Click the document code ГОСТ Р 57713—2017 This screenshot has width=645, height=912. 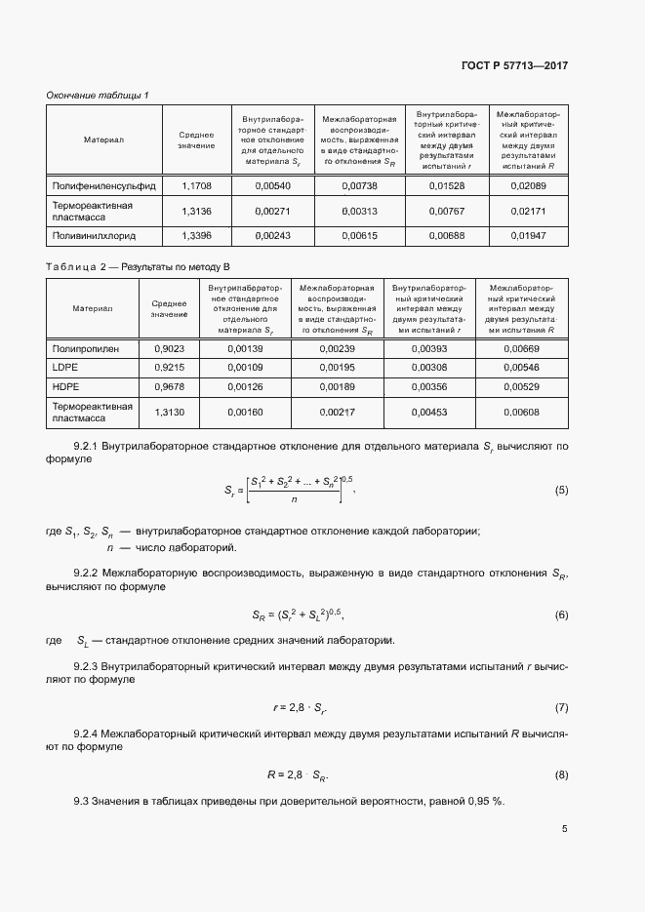click(x=514, y=65)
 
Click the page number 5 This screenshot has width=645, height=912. click(x=564, y=829)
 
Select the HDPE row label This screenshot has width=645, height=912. click(x=64, y=386)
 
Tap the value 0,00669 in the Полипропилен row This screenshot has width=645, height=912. click(x=521, y=348)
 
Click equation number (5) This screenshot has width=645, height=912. click(x=561, y=490)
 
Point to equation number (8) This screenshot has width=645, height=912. click(x=561, y=774)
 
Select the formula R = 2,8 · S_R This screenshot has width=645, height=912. click(x=298, y=774)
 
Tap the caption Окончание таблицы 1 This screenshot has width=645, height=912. click(x=98, y=95)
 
